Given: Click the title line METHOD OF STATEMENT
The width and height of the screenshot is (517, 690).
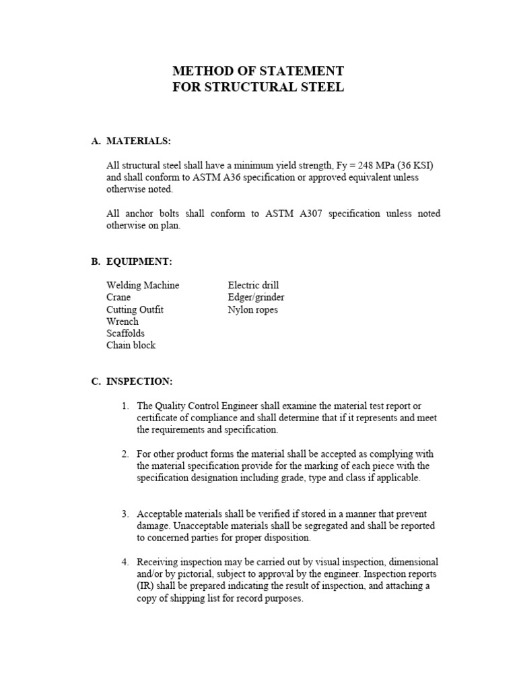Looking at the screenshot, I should coord(258,71).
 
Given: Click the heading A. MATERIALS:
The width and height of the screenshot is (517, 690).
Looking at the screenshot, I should coord(131,141).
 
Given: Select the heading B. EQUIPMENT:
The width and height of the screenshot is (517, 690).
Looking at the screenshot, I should coord(133,261).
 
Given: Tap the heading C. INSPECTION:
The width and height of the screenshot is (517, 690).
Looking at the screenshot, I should coord(132,381).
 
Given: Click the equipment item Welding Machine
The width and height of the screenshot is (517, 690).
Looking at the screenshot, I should coord(143,285).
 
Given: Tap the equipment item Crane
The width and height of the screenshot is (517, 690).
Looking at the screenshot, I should coord(118,297).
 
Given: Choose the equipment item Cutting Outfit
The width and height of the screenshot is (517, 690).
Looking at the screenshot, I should coord(135,309).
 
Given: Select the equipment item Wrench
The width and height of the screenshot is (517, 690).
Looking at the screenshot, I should coord(123,321).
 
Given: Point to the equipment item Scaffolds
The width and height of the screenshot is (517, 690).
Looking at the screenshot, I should coord(125,334).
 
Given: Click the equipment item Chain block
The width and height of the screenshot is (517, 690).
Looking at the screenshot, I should coord(131,346).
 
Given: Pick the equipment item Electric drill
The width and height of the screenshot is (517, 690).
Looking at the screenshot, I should coord(253,285).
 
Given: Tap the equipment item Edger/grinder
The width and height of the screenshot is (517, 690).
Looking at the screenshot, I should coord(256,297).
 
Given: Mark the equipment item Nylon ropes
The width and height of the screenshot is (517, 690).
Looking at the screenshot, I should coord(252,309).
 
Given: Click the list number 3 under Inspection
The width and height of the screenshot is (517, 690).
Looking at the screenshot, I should coord(125,513).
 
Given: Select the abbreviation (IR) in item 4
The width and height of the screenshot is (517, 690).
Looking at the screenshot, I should coord(145,586).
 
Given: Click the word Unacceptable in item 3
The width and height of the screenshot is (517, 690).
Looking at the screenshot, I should coord(199,526).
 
